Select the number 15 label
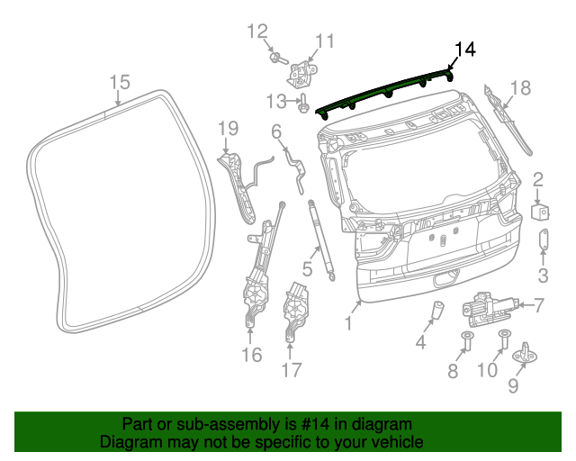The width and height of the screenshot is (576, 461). coord(120,83)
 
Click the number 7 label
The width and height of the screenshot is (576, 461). coord(539,305)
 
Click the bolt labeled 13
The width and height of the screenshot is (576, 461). coord(303,106)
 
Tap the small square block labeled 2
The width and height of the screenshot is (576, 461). coord(541,211)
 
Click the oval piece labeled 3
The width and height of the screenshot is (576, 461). coord(544,240)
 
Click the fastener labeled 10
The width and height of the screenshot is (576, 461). coord(505,340)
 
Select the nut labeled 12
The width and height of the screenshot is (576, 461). coord(275,59)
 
